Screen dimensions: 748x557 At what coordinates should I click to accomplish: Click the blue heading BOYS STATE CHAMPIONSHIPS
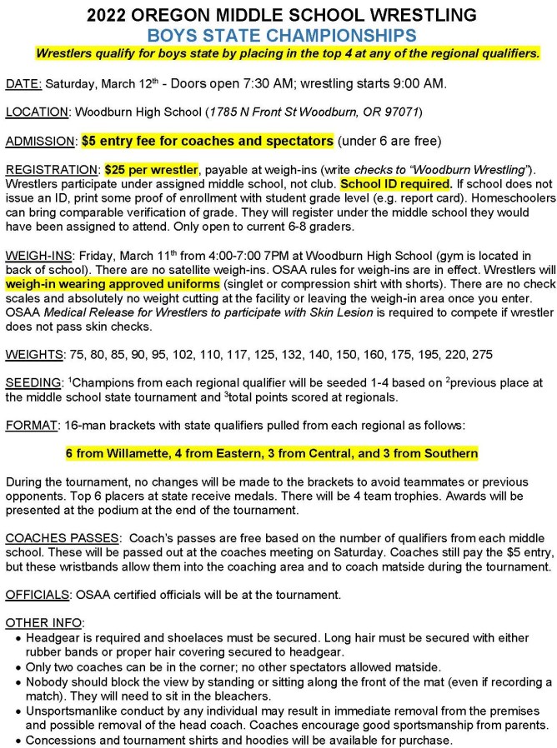(x=278, y=35)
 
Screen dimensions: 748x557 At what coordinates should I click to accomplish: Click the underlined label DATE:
(x=23, y=84)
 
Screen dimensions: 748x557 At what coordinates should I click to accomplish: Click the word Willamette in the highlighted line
(x=127, y=454)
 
